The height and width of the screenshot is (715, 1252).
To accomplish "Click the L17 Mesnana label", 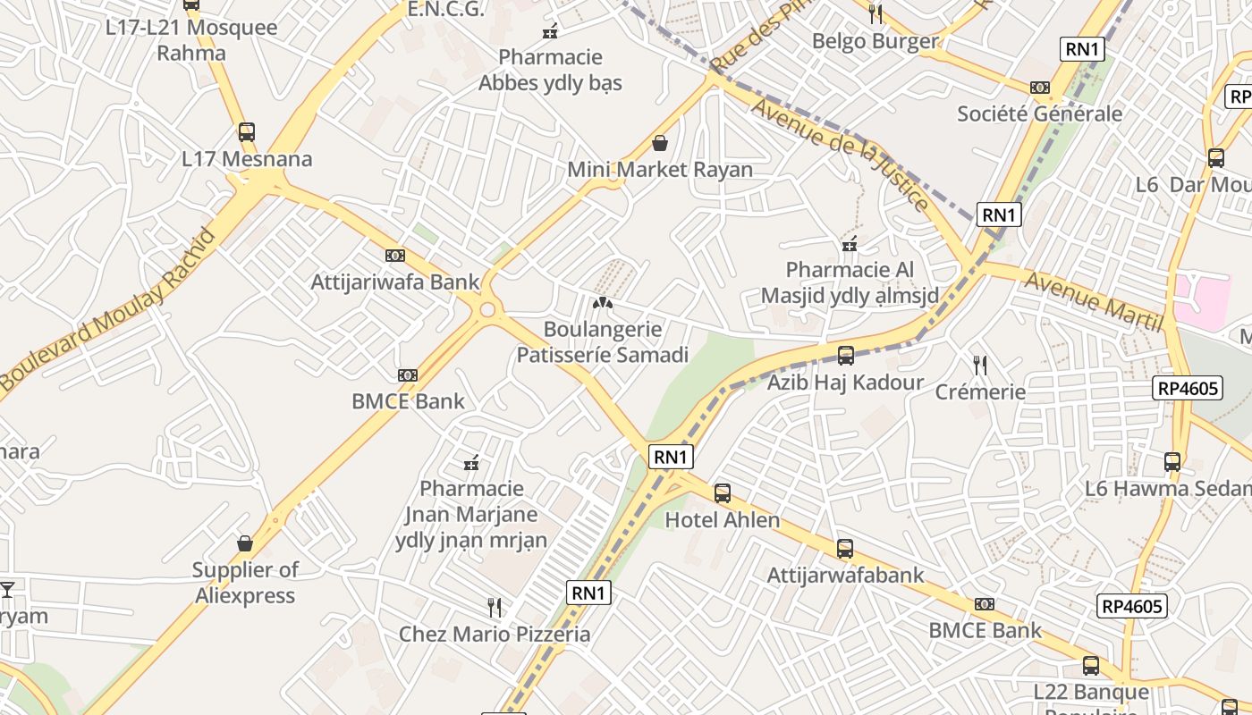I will point(247,160).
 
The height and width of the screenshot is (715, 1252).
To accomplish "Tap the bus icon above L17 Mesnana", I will point(247,132).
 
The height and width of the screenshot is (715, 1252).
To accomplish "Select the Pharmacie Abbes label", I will point(550,70).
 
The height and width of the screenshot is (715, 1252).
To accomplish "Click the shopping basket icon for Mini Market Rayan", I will point(660,143).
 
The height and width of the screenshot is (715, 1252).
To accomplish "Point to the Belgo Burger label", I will point(875,41).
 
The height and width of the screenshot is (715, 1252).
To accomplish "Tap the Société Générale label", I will point(1039,114).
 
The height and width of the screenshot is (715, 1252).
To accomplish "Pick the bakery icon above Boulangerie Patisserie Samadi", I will point(603,303).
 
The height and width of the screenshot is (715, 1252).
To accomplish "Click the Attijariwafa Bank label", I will point(395,282).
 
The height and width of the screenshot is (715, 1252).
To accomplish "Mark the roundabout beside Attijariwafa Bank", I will point(487,310).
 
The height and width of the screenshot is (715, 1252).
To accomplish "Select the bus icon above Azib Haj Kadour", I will point(846,356).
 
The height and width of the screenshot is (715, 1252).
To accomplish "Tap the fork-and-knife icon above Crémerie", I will point(980,365).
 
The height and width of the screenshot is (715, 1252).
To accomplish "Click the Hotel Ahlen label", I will point(723,520).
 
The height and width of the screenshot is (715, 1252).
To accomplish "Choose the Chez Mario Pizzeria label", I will point(495,635).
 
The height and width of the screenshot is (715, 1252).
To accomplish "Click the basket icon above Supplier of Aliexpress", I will point(245,543).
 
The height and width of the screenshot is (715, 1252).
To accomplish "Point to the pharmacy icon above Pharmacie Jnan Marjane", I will point(471,463).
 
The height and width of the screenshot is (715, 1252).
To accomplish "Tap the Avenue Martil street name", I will point(1092,300).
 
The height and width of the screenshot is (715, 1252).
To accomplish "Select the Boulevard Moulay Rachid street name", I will point(108,309).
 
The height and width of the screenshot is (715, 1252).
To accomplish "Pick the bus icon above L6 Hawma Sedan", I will point(1172,462).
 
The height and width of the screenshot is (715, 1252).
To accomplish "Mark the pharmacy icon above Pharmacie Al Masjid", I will point(850,243).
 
